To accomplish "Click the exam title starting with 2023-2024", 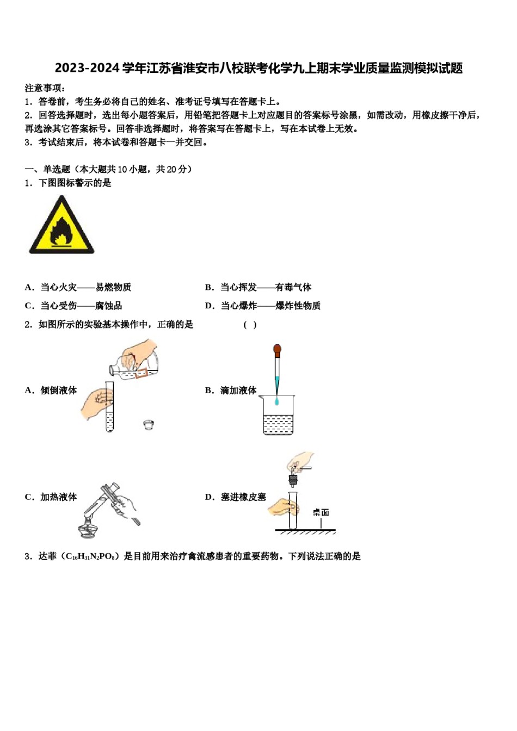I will point(258,68).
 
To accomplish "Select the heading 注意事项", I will point(45,88).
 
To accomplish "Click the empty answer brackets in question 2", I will point(250,325).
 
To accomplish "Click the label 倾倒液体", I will point(58,391).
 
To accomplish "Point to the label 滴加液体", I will point(238,391).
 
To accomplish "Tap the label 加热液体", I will point(58,497).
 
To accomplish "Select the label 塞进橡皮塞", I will point(243,497).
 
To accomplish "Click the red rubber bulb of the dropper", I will point(277,349).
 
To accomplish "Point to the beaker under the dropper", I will point(278,416).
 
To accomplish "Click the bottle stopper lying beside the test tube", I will point(148,425).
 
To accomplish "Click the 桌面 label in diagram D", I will point(321,512).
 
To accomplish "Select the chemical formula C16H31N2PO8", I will point(90,556).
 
